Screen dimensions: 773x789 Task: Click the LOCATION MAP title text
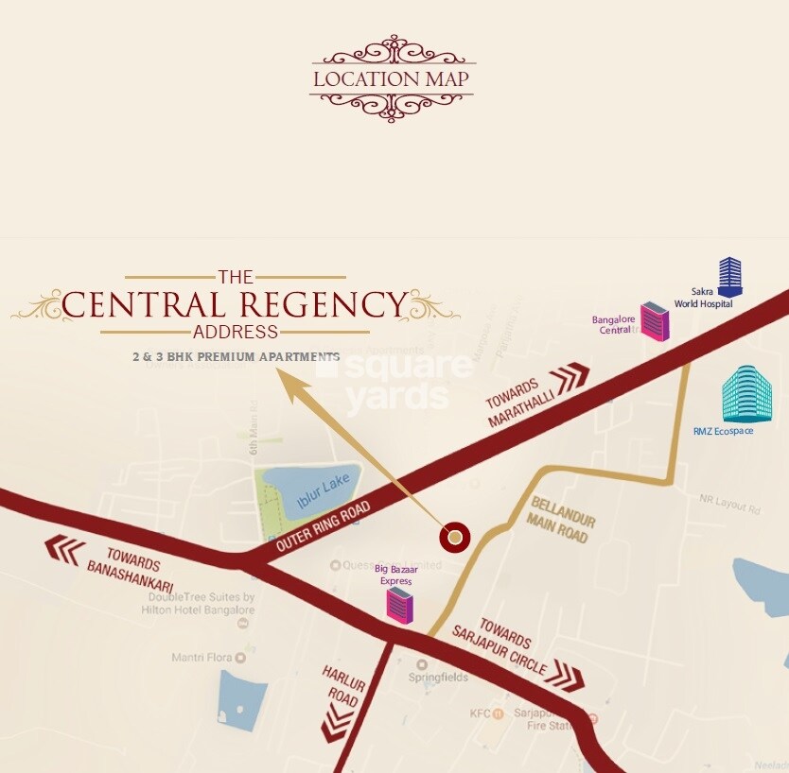point(391,78)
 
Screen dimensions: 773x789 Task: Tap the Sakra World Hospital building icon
point(729,277)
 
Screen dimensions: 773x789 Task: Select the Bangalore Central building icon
point(654,321)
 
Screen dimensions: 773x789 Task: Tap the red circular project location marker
point(456,538)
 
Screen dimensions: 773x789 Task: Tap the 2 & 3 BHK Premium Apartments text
point(236,357)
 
